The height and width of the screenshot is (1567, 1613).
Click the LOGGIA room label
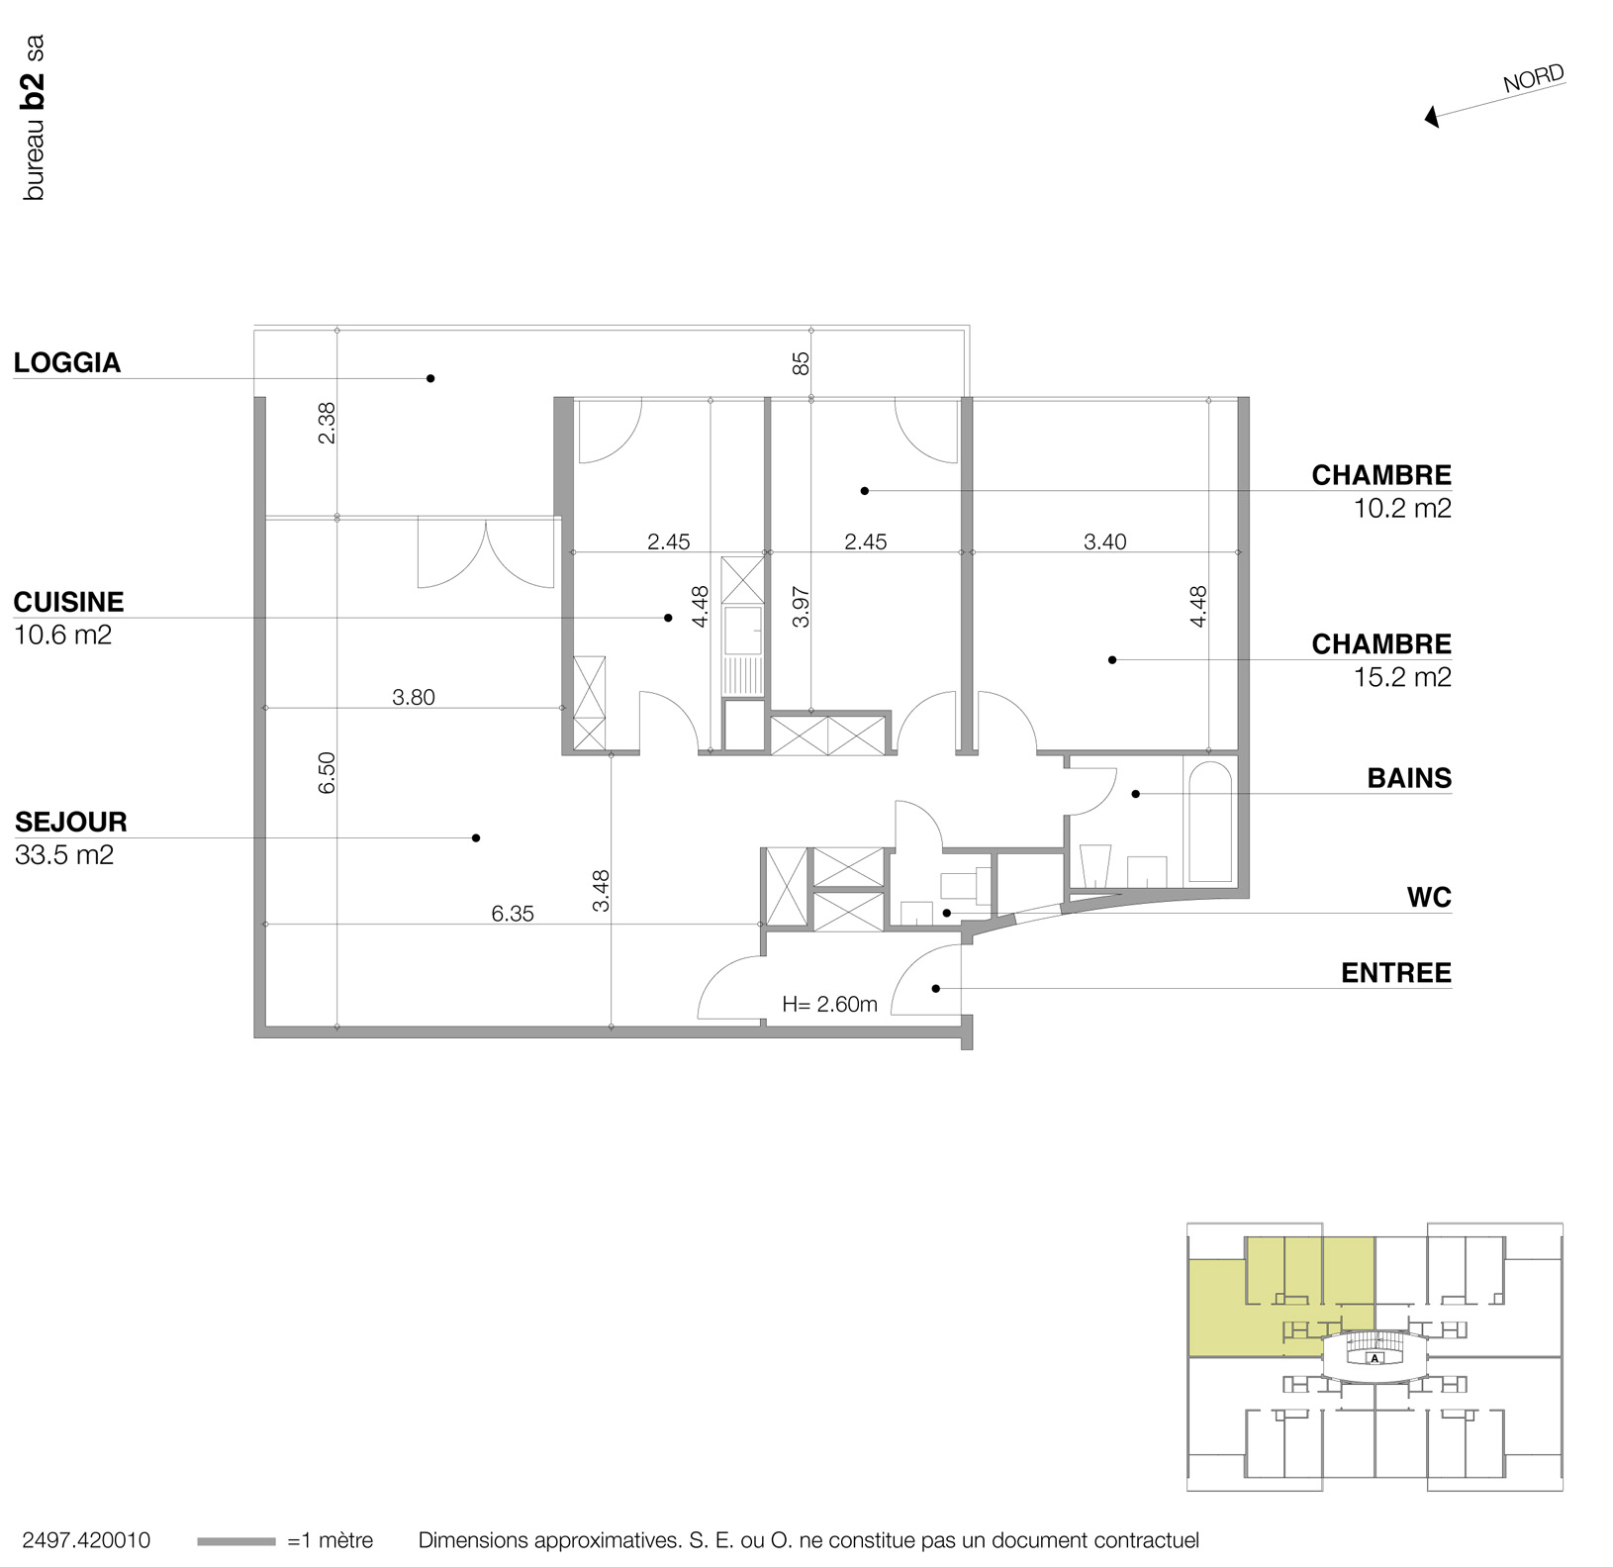[x=67, y=362]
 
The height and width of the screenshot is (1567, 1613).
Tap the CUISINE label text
[x=68, y=602]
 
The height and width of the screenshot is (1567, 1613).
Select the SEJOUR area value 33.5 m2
[x=64, y=854]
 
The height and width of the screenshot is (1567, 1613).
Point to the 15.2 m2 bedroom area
[x=1401, y=677]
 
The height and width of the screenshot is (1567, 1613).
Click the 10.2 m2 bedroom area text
[x=1401, y=508]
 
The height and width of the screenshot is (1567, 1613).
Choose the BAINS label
[x=1409, y=778]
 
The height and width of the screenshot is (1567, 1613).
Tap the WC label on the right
[x=1429, y=898]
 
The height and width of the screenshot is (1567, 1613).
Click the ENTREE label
[x=1395, y=973]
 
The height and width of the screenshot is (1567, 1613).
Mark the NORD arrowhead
[x=1432, y=118]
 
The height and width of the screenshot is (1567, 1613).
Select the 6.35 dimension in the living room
[x=512, y=914]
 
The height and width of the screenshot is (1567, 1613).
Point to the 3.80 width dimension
[x=413, y=697]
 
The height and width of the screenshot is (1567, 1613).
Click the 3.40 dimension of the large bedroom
[x=1104, y=541]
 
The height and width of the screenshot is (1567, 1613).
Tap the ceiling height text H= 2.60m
[x=829, y=1004]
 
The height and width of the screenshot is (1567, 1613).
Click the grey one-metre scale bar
[x=236, y=1541]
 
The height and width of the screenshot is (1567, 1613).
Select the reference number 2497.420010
[x=86, y=1540]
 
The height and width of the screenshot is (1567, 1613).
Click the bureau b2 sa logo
[x=34, y=118]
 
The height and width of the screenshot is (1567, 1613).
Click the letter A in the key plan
[x=1375, y=1358]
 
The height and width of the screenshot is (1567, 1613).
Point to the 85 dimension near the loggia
[x=801, y=363]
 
